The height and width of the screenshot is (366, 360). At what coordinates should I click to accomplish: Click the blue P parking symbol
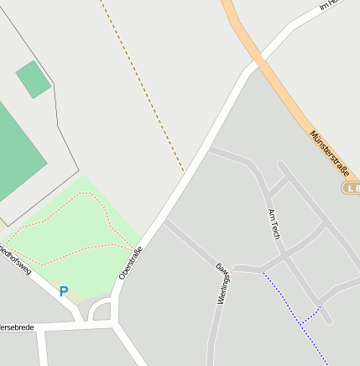click(63, 292)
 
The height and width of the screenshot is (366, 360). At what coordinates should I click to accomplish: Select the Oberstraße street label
click(131, 262)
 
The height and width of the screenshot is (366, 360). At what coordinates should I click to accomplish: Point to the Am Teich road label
click(274, 222)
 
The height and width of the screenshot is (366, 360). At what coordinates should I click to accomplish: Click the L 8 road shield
click(351, 188)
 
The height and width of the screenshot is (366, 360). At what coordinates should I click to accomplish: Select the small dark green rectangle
click(33, 79)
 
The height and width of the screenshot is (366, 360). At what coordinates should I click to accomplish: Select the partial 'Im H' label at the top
click(327, 5)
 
